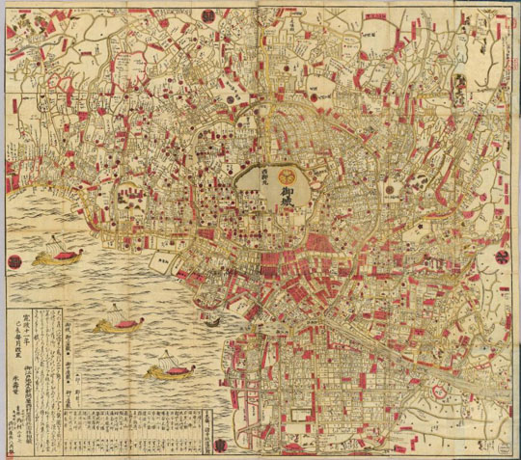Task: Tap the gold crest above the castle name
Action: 288,176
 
